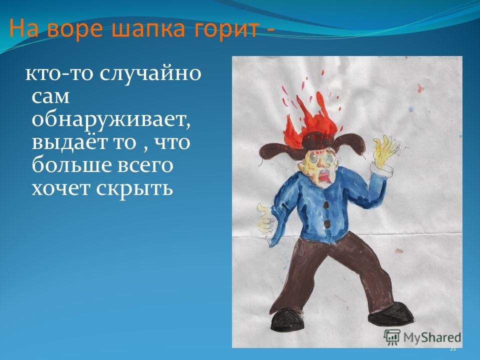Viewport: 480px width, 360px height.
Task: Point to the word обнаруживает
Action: [111, 120]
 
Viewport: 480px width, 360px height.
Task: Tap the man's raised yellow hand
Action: [382, 150]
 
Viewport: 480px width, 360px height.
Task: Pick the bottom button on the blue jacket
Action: [327, 225]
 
